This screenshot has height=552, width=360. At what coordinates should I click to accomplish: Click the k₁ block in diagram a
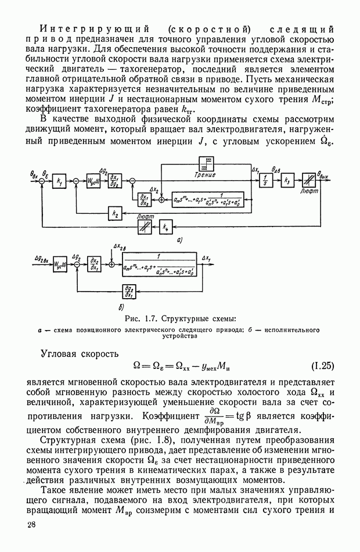[x=59, y=182]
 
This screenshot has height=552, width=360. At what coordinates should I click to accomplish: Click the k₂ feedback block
[x=114, y=214]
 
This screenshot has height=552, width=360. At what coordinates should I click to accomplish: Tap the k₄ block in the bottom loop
[x=167, y=227]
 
